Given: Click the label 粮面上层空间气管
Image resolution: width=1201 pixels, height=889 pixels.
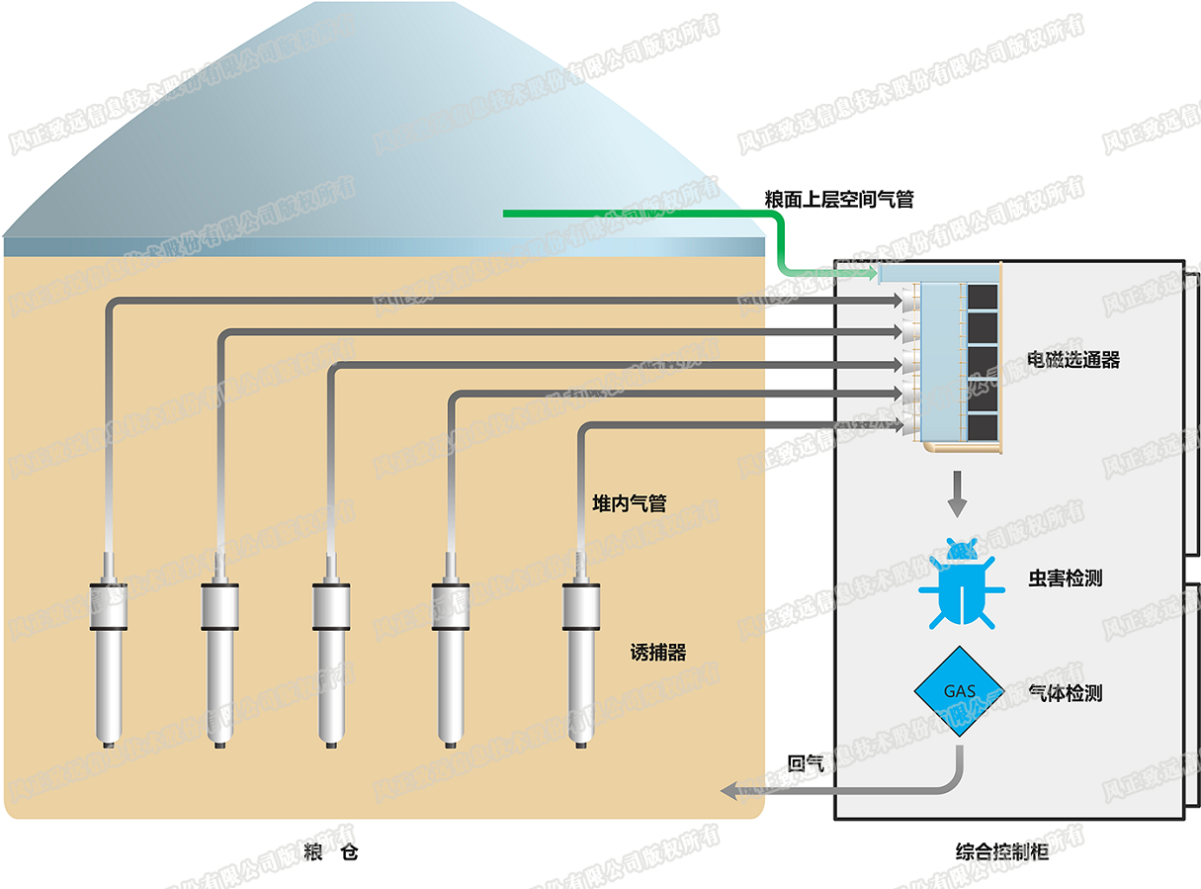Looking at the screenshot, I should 838,200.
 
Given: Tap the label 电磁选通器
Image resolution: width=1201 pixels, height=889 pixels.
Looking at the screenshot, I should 1073,360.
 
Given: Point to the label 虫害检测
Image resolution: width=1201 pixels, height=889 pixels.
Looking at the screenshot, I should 1065,578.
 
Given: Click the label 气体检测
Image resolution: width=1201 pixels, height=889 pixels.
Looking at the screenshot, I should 1065,693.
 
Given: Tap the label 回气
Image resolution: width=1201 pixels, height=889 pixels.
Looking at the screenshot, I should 806,763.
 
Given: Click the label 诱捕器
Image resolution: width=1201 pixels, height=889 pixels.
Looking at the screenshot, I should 657,653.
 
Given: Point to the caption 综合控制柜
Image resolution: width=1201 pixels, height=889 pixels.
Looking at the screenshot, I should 1002,851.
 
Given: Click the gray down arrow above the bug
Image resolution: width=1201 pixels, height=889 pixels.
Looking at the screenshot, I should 956,495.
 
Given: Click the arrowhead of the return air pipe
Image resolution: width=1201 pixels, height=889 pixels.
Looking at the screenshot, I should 729,790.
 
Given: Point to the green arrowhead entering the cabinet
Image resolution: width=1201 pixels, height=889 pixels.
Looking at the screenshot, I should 870,272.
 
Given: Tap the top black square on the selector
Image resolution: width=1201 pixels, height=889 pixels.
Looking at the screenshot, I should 982,296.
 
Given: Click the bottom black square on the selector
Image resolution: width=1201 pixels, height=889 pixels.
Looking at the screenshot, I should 982,427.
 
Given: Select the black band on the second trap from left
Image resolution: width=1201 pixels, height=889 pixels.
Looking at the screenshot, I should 221,628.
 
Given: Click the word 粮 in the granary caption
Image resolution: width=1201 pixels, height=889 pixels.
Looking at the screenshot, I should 314,851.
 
